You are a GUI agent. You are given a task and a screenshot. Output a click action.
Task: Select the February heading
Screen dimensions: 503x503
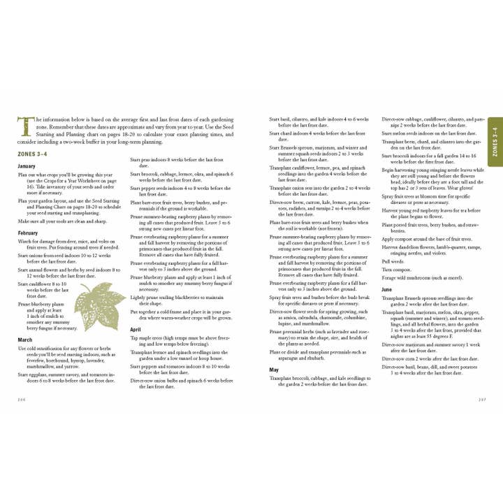pyautogui.click(x=28, y=232)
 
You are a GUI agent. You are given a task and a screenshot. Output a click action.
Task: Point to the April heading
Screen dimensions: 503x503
pyautogui.click(x=137, y=328)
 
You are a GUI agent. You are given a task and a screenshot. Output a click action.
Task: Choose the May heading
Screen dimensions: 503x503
pyautogui.click(x=274, y=369)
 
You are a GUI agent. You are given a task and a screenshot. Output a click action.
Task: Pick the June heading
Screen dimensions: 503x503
pyautogui.click(x=387, y=289)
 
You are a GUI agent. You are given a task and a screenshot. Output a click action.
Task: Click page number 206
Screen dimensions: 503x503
pyautogui.click(x=20, y=400)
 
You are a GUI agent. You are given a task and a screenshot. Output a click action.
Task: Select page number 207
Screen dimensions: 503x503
pyautogui.click(x=481, y=400)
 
